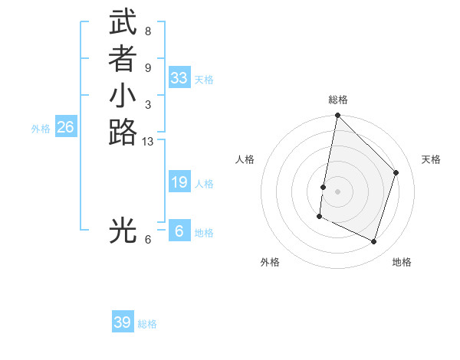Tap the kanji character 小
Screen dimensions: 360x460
coord(123,97)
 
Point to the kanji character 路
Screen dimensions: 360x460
coord(123,133)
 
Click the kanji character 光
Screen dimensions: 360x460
coord(123,230)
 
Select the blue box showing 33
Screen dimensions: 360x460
coord(179,78)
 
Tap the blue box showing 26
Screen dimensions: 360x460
coord(66,127)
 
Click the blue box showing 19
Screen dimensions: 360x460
coord(179,182)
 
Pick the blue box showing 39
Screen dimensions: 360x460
coord(123,322)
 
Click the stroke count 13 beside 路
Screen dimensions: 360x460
coord(148,141)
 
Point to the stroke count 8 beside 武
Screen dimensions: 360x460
coord(147,31)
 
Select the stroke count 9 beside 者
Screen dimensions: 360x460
coord(147,68)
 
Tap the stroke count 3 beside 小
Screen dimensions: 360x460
coord(147,105)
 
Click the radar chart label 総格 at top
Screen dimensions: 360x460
coord(338,100)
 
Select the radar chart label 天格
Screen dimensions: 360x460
coord(431,159)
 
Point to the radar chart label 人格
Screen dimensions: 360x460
coord(245,159)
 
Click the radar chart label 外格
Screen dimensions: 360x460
coord(270,263)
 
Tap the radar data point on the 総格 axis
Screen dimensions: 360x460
coord(337,116)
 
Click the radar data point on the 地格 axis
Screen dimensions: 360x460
coord(373,242)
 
